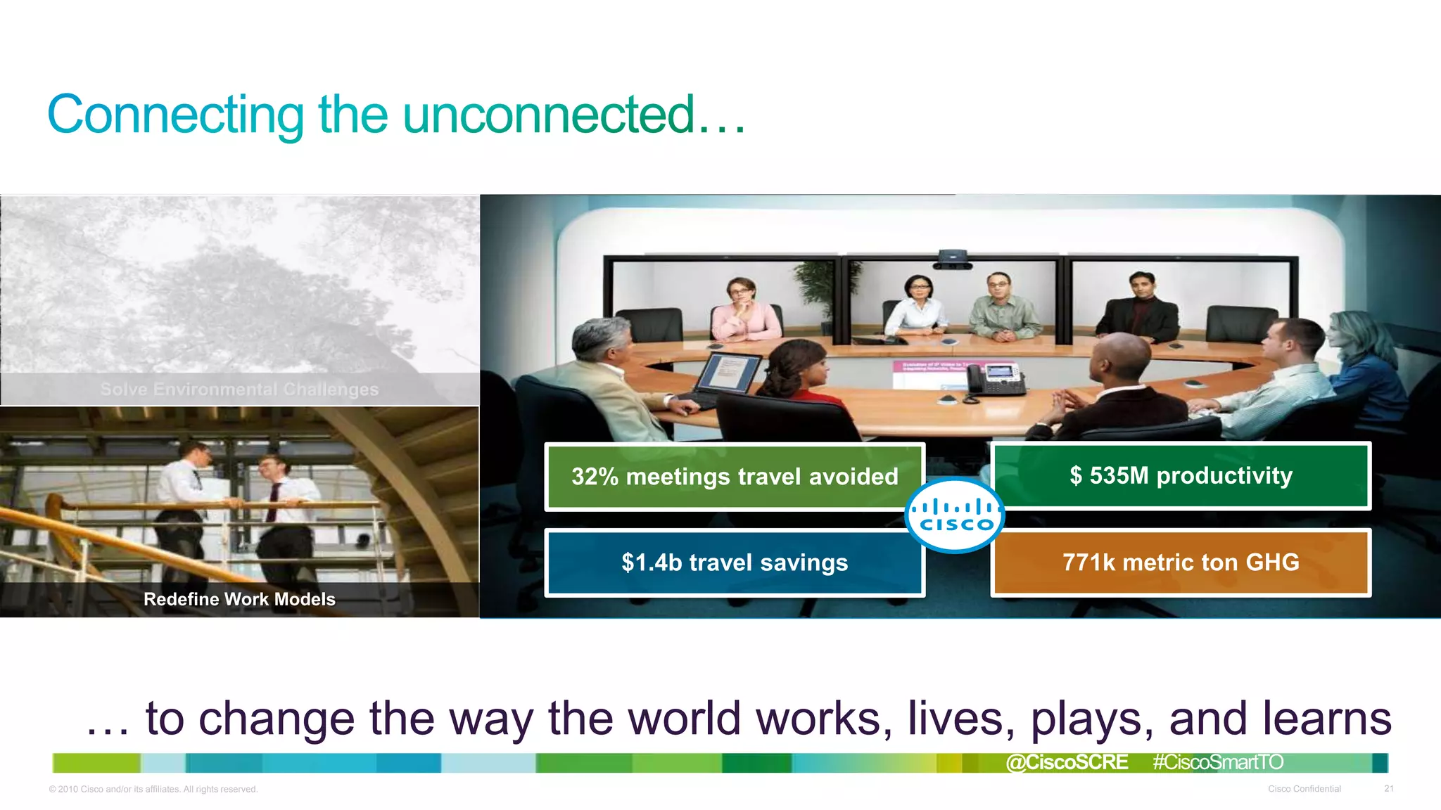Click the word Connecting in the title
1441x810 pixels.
[175, 115]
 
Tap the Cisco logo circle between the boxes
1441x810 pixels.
[954, 516]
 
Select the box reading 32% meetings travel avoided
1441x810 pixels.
[735, 477]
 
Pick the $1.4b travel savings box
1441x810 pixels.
[735, 562]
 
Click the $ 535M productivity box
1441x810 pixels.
[1181, 476]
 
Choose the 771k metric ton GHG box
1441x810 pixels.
[1181, 562]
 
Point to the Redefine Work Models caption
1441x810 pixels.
[239, 599]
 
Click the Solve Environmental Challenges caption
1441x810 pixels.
[239, 389]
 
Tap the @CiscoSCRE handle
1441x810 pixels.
[1067, 762]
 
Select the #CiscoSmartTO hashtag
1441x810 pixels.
[1218, 762]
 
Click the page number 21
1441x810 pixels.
[1388, 789]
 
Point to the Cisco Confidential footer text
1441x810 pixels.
[1304, 789]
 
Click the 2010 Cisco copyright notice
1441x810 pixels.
[153, 790]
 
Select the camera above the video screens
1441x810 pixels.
[953, 258]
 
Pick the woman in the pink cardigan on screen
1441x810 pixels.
[743, 313]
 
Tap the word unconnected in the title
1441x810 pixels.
[549, 115]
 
